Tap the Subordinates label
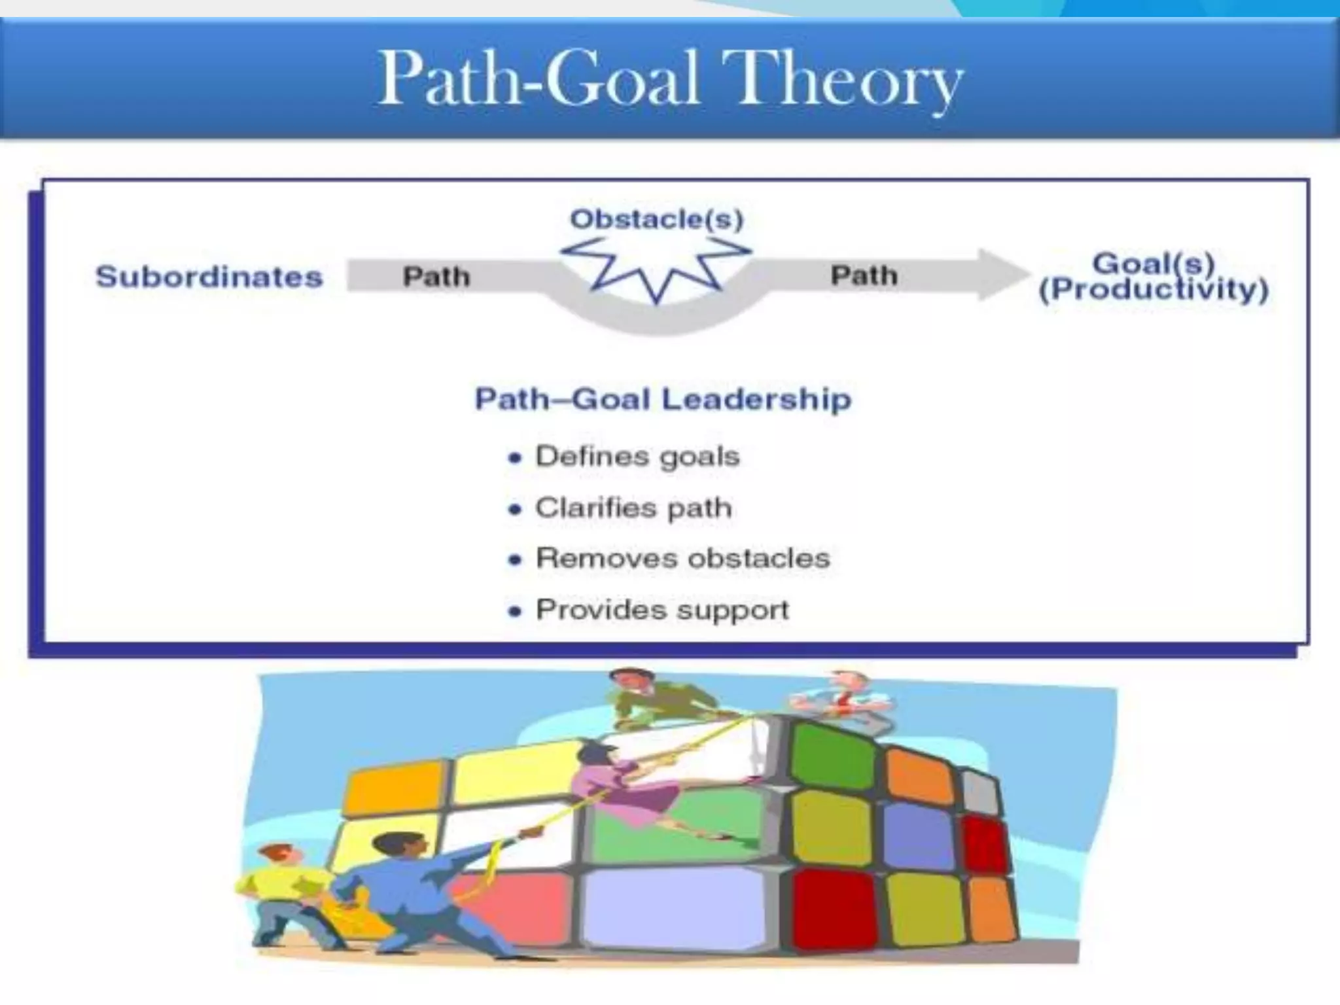coord(209,277)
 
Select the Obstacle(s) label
coord(657,219)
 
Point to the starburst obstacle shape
coord(656,268)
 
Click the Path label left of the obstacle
coord(436,277)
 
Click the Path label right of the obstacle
coord(864,275)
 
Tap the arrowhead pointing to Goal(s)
coord(1001,275)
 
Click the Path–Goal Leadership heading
coord(663,399)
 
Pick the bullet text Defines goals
coord(637,456)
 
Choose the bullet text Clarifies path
coord(633,508)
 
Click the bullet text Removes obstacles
coord(682,558)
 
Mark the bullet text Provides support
coord(662,610)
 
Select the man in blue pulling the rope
coord(419,890)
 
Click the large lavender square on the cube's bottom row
coord(674,909)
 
